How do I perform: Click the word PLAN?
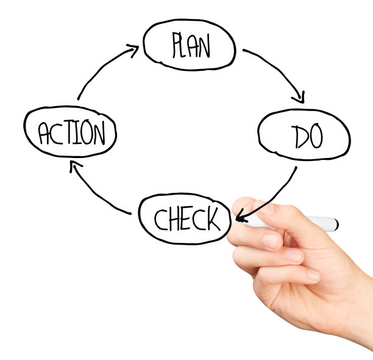click(191, 45)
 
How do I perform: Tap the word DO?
click(307, 137)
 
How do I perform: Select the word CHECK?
click(186, 218)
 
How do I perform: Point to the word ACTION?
click(71, 133)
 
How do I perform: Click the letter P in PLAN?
click(177, 45)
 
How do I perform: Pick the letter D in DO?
click(298, 137)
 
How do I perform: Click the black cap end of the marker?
click(336, 224)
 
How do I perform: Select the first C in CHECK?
click(160, 218)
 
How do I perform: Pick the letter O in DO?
click(314, 137)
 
